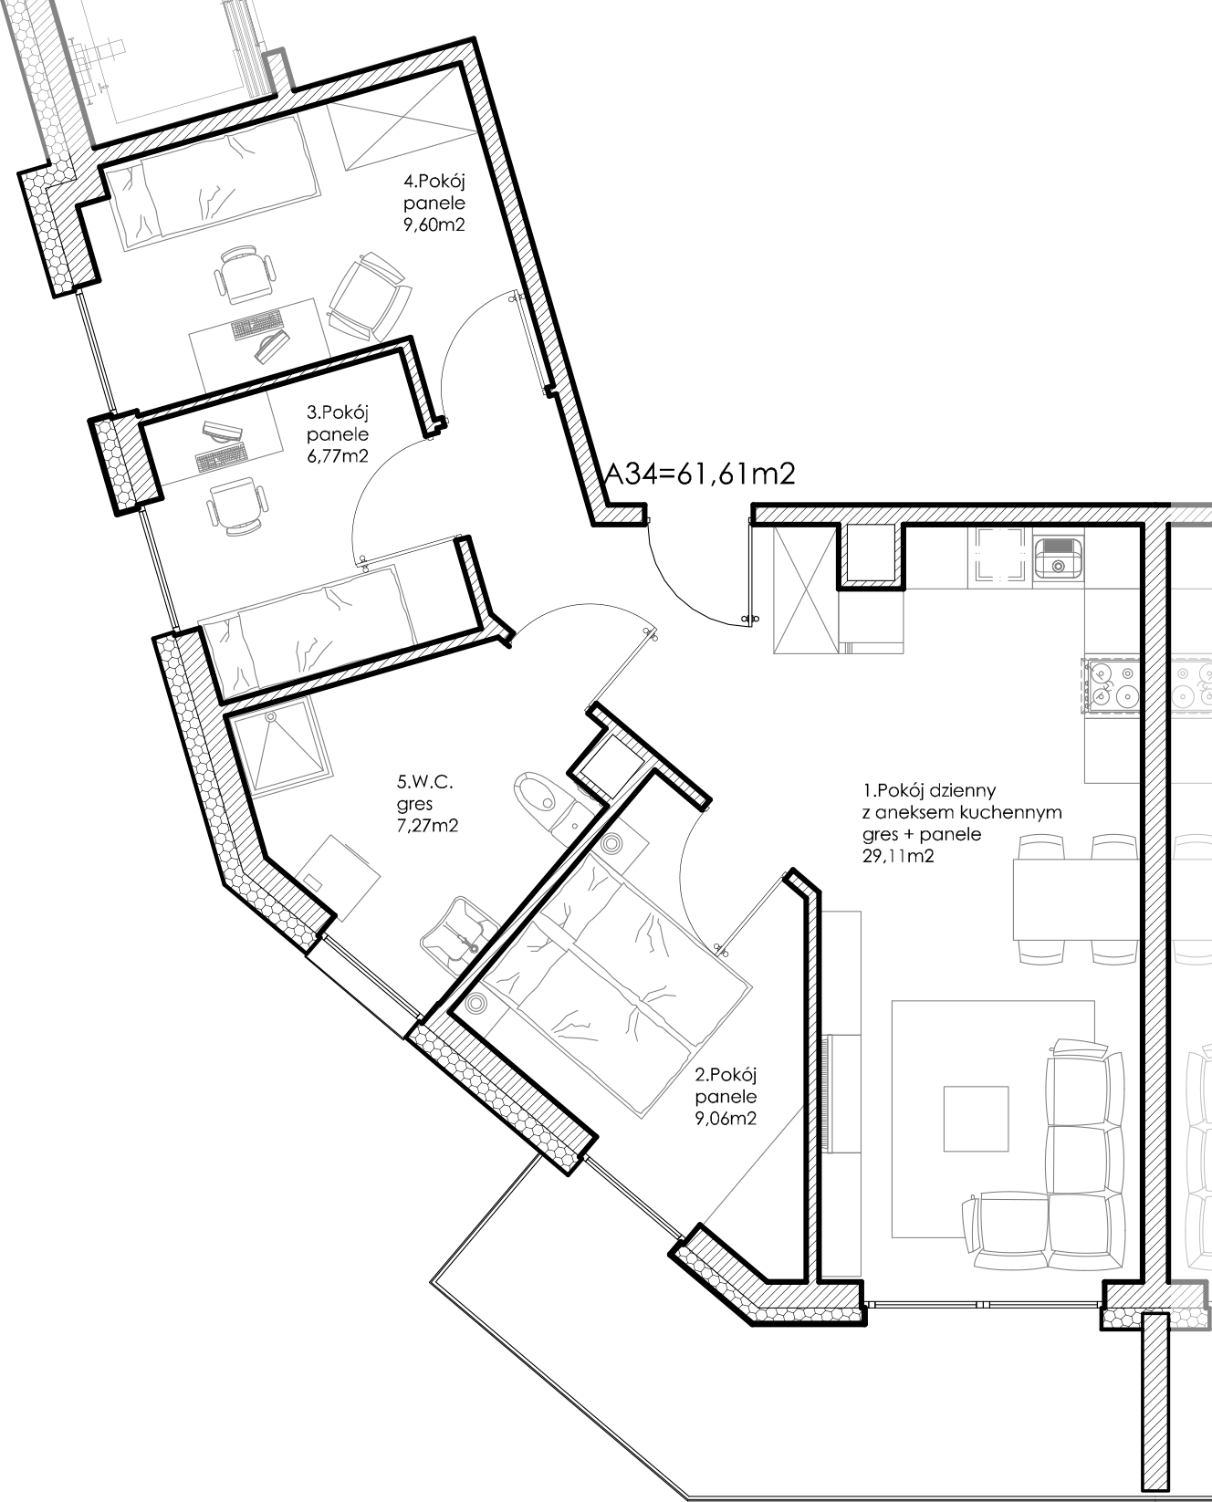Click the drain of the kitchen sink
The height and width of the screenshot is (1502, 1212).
1058,566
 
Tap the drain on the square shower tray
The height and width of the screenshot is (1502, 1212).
270,717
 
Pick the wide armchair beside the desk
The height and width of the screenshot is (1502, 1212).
369,297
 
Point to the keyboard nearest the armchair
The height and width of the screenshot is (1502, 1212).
256,323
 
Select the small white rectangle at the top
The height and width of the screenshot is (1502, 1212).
724,51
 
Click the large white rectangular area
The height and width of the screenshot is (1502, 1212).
1028,210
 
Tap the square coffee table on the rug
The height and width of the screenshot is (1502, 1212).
976,1119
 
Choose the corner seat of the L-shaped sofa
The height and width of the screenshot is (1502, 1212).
1084,1228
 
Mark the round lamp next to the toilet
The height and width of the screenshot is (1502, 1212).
611,841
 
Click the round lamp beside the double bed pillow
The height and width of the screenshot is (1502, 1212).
475,1004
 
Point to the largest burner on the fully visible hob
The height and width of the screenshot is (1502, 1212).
1127,697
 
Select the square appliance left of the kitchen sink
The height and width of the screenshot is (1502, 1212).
999,555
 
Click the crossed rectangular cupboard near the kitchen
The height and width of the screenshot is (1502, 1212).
804,590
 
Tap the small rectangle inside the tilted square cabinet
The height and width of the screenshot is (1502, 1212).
312,881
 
